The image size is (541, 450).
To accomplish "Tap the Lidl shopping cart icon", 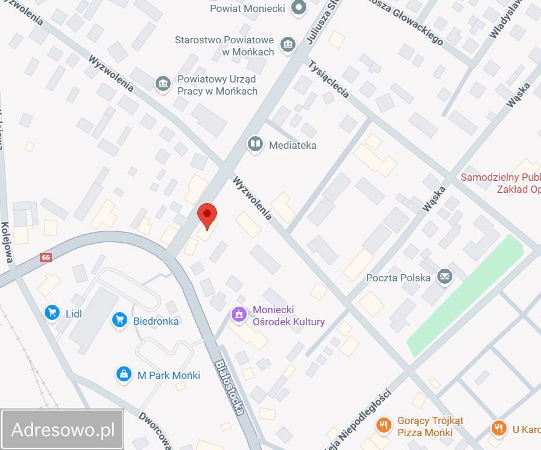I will click(53, 313).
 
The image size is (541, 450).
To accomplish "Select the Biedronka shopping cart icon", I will click(119, 320).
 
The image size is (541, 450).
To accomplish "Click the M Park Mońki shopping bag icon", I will click(124, 374).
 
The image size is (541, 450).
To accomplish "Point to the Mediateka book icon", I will click(255, 144).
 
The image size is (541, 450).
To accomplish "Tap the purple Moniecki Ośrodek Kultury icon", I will click(239, 314).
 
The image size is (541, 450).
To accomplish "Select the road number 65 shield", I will click(46, 257).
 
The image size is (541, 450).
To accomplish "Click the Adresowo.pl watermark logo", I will click(63, 430).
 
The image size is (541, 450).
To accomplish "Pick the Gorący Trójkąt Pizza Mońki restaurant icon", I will click(383, 426).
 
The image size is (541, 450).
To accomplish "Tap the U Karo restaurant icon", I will click(498, 428).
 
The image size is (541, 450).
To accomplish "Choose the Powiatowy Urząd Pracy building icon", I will click(162, 84).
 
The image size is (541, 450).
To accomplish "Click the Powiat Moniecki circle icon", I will click(298, 8).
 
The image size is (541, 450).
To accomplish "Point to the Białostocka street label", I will click(230, 387).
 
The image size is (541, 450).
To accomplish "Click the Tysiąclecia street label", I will click(329, 79).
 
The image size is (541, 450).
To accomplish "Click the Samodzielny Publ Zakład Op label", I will click(500, 183).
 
